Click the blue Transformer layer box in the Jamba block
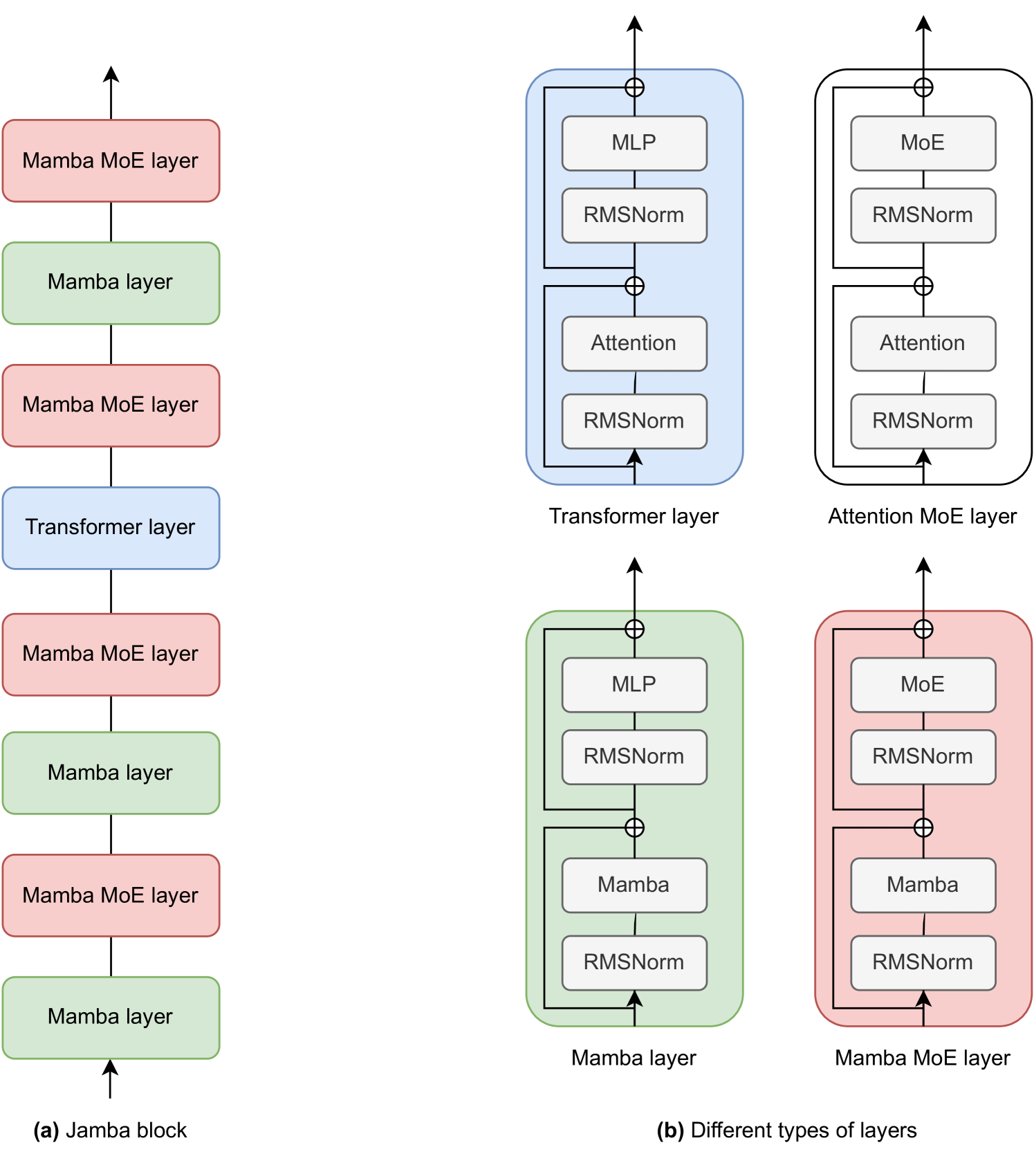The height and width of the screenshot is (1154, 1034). coord(111,528)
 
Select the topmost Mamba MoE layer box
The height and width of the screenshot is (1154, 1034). coord(111,161)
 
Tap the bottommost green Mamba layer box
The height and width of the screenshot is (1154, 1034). coord(111,1017)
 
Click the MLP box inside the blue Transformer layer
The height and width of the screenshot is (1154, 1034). coord(634,143)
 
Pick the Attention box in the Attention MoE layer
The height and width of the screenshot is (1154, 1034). coord(923,343)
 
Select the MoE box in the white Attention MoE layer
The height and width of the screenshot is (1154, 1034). coord(923,143)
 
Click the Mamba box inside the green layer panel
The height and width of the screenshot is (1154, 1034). coord(634,885)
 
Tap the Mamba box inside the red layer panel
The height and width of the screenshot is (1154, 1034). coord(923,885)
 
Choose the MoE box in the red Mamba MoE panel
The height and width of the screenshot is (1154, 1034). coord(923,684)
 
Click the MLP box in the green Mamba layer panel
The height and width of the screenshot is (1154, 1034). coord(634,684)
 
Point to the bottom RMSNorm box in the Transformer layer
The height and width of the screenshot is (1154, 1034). coord(634,421)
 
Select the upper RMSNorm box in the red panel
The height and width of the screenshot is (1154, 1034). coord(923,756)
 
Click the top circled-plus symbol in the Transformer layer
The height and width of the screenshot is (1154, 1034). coord(634,87)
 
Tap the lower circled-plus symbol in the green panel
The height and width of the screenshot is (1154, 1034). coord(634,827)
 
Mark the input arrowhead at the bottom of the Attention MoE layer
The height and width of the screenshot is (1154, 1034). coord(923,457)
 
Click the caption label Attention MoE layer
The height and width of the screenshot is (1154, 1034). coord(923,517)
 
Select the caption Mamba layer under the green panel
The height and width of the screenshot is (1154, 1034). coord(634,1059)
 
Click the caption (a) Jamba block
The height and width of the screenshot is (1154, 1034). coord(111,1130)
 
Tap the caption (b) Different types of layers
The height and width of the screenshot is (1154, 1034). coord(787,1130)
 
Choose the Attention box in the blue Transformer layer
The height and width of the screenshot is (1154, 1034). coord(634,343)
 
